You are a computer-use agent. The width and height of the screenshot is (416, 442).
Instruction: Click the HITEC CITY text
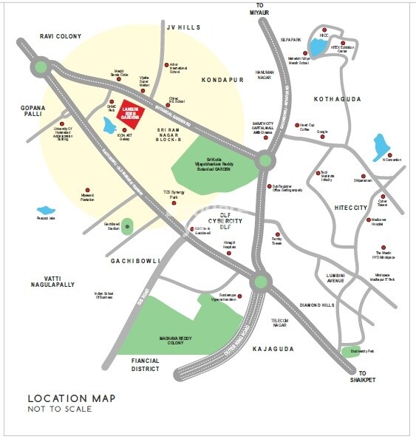351,208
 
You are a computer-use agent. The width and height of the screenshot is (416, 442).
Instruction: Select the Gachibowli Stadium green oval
127,226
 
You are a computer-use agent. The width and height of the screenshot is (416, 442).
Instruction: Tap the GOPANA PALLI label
33,112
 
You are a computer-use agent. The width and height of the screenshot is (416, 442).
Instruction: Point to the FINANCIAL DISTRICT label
146,364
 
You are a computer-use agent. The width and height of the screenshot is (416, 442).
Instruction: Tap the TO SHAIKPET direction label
363,376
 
